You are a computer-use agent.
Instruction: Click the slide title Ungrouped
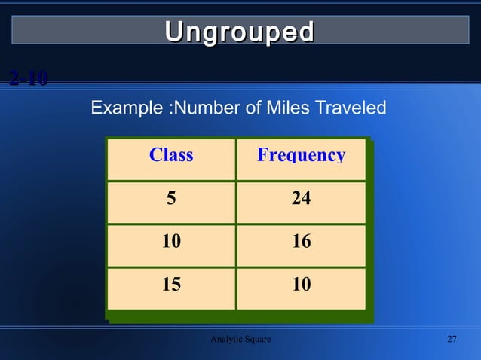[240, 32]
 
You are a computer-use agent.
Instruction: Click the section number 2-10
[29, 78]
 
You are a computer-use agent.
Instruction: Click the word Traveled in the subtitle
[350, 109]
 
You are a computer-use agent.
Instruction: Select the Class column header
[171, 155]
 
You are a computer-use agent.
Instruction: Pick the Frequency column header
[301, 155]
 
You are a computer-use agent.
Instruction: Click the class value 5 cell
[171, 199]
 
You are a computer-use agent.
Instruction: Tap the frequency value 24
[301, 199]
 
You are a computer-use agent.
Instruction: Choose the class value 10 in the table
[171, 242]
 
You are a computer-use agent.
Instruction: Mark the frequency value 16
[301, 242]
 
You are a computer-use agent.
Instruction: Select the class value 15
[171, 285]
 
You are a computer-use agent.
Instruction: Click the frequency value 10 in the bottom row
[301, 285]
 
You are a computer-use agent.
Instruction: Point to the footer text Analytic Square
[240, 340]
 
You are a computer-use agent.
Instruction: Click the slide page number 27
[452, 340]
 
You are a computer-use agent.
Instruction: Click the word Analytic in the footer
[226, 340]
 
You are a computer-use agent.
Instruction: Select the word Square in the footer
[257, 340]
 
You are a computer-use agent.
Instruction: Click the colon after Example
[168, 110]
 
